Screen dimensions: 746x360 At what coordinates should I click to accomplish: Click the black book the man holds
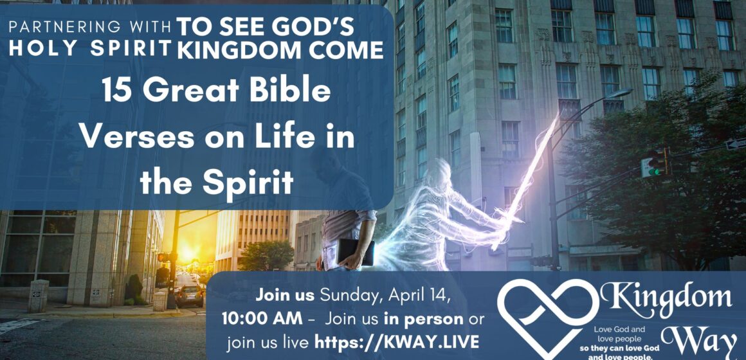[354, 252]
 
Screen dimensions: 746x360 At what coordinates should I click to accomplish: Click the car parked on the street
[190, 296]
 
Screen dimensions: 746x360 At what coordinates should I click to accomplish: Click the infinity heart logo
[547, 313]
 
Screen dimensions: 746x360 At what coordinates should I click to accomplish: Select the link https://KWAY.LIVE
[397, 343]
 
